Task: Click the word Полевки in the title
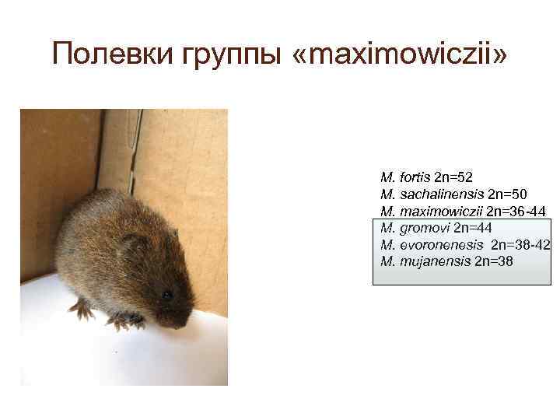tap(107, 54)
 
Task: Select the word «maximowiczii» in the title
tap(401, 54)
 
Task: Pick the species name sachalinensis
tap(442, 194)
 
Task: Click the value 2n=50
tap(506, 194)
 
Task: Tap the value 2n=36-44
tap(516, 211)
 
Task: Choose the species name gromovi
tap(424, 228)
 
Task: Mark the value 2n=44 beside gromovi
tap(472, 228)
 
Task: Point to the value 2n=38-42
tap(521, 244)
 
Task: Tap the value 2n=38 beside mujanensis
tap(494, 261)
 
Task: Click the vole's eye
tap(166, 295)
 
